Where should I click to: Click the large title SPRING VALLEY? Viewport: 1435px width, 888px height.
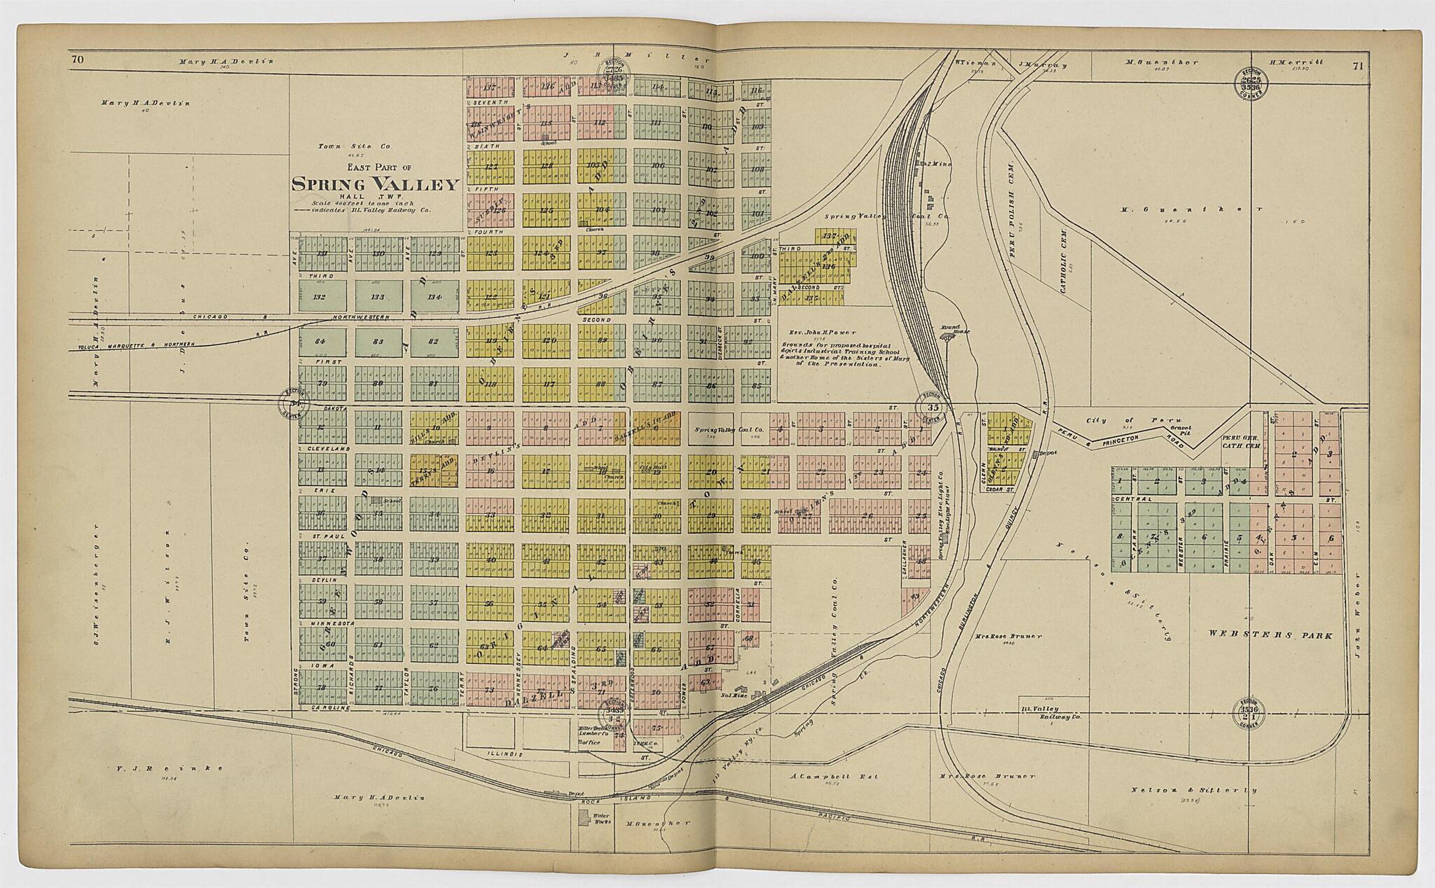[x=375, y=185]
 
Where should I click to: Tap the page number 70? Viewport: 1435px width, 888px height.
[x=77, y=60]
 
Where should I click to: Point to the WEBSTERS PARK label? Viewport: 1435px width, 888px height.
[x=1269, y=635]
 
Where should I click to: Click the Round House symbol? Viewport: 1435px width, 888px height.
[x=949, y=337]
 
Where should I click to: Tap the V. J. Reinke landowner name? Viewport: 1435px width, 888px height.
[x=167, y=768]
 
